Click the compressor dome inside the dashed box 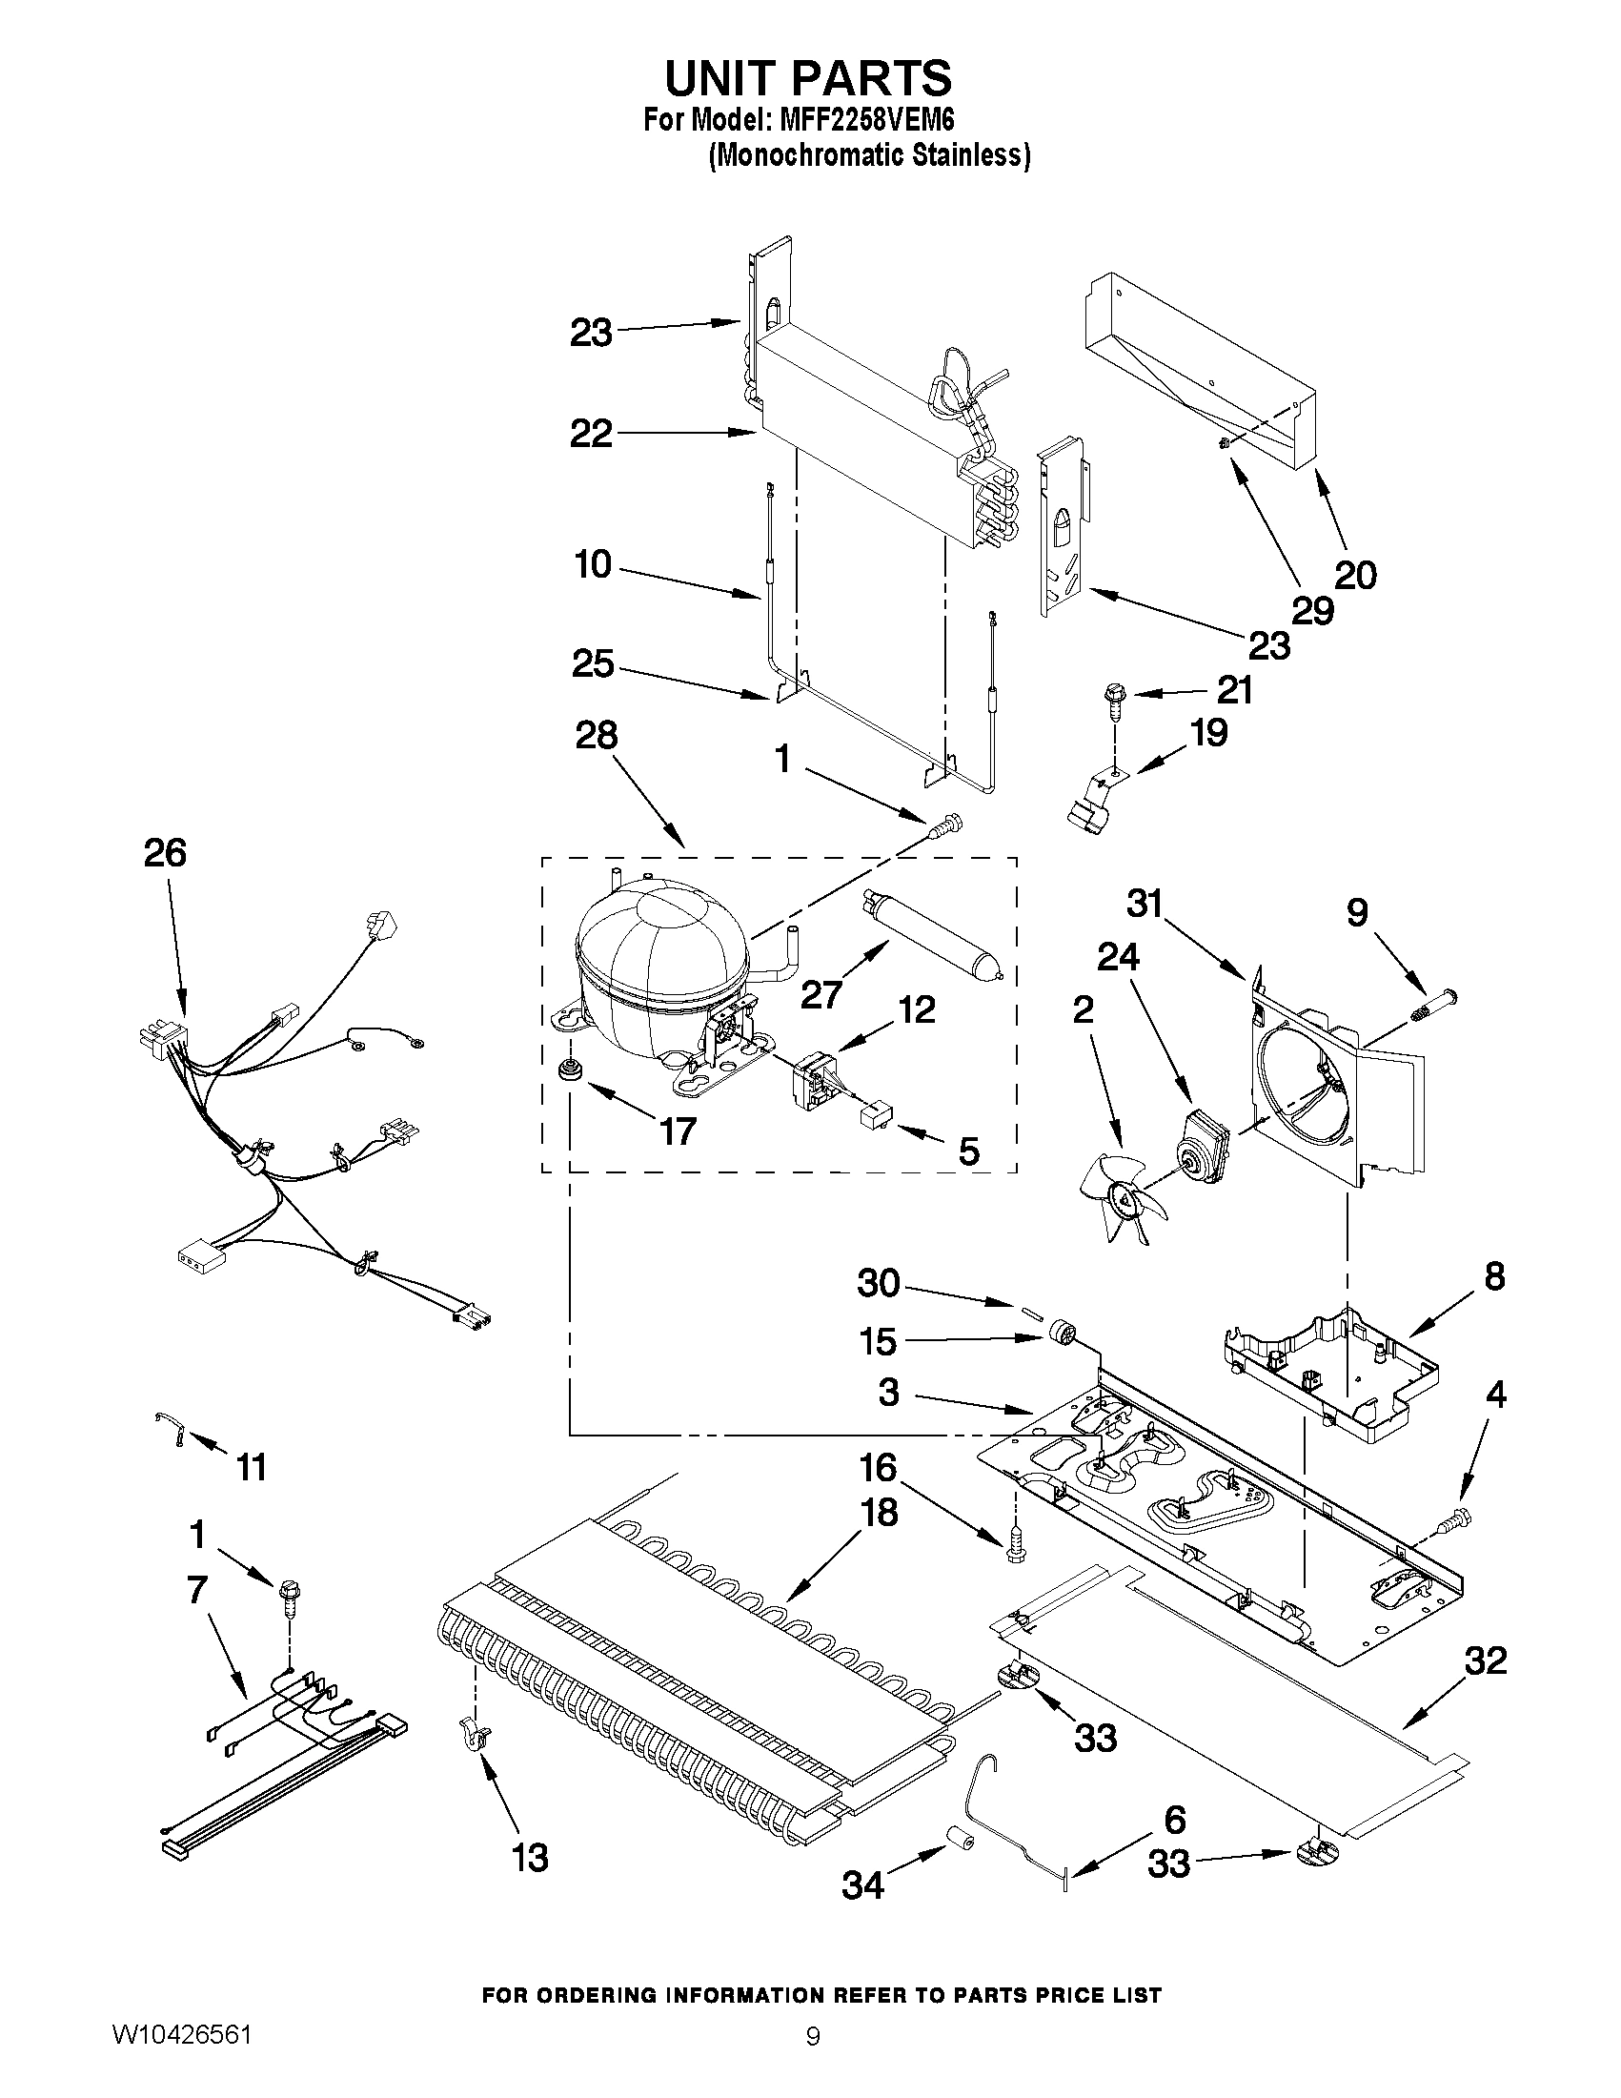coord(660,966)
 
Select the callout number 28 coord(596,736)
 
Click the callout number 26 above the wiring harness coord(165,853)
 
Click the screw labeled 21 coord(1116,699)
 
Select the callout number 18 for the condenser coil coord(880,1513)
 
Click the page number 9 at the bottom coord(813,2059)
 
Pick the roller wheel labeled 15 coord(1063,1334)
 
